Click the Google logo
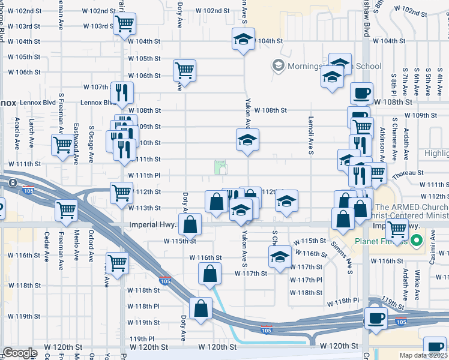[20, 353]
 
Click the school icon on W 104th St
[243, 40]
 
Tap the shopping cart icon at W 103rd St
[125, 25]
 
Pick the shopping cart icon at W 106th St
[184, 70]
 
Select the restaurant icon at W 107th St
[122, 92]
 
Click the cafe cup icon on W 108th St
[361, 93]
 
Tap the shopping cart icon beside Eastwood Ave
[62, 145]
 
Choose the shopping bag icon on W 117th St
[209, 274]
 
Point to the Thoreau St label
[408, 172]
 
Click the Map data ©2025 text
[424, 355]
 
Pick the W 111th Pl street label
[143, 175]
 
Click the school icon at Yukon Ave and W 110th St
[247, 140]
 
